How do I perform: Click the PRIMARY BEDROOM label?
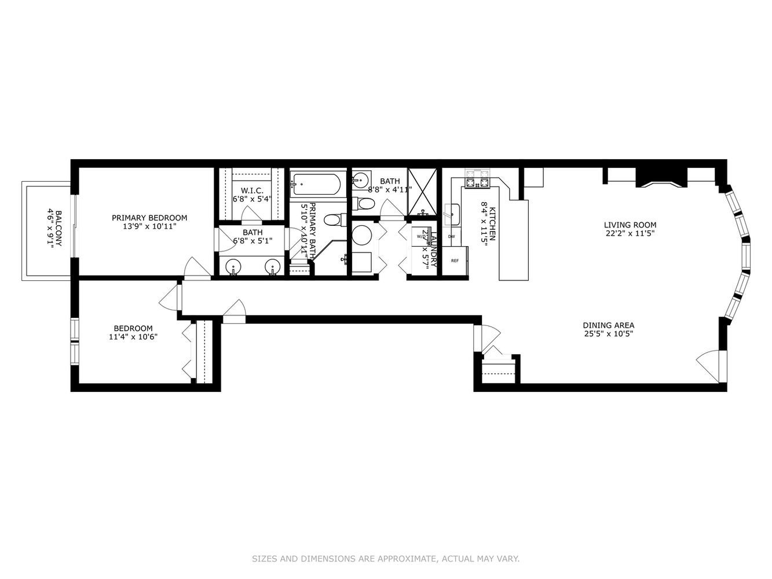coord(149,218)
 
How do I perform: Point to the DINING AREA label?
coord(604,325)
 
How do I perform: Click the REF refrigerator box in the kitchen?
coord(455,261)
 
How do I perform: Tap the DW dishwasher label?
coord(451,236)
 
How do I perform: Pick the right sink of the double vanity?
coord(272,267)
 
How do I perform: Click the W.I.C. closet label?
coord(251,190)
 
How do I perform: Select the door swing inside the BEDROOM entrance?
coord(168,300)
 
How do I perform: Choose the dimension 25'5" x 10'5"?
coord(604,334)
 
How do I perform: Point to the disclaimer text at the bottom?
coord(386,559)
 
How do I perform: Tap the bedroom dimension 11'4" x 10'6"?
coord(133,336)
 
